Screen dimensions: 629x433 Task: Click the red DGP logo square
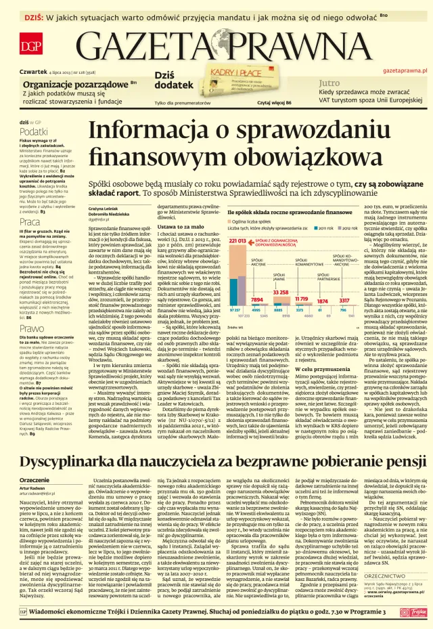pyautogui.click(x=29, y=47)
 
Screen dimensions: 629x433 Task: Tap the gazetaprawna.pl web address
pyautogui.click(x=403, y=70)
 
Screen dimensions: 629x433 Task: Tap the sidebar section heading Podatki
pyautogui.click(x=33, y=132)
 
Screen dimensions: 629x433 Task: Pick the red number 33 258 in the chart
pyautogui.click(x=280, y=291)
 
